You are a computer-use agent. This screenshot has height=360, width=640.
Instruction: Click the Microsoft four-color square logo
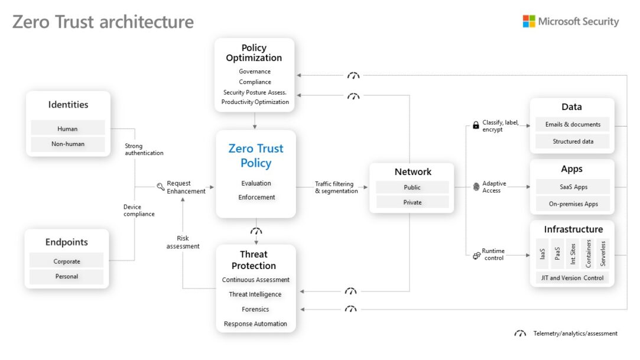tap(528, 21)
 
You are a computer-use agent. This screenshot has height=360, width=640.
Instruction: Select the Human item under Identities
tap(67, 128)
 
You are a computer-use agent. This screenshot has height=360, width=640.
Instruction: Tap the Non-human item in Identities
tap(67, 144)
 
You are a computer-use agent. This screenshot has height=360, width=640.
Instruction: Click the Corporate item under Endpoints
tap(66, 261)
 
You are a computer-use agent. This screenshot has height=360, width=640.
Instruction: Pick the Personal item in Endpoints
tap(66, 276)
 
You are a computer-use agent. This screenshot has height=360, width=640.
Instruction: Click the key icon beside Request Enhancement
tap(161, 187)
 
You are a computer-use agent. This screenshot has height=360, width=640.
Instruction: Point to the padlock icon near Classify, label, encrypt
tap(476, 125)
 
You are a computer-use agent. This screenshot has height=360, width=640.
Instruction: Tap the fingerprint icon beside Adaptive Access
tap(476, 187)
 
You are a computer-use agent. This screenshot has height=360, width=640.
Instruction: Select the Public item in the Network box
tap(412, 187)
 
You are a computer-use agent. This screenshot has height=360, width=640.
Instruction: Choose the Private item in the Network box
tap(412, 202)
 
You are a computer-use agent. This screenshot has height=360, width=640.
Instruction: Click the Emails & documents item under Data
tap(571, 124)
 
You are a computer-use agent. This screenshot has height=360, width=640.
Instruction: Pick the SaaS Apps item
tap(571, 187)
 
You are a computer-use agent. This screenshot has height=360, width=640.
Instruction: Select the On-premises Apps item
tap(571, 204)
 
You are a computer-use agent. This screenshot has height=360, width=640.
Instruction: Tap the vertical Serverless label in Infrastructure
tap(603, 254)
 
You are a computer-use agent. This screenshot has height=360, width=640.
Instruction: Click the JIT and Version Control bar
tap(571, 277)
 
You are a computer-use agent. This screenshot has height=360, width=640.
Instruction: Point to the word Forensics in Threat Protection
tap(255, 309)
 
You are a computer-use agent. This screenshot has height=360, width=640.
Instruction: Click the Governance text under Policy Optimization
tap(255, 72)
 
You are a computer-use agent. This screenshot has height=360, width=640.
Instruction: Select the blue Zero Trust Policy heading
tap(256, 155)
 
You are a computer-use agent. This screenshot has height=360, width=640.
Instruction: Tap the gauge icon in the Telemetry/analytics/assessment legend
tap(520, 334)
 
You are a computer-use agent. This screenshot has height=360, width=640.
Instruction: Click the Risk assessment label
tap(183, 242)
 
